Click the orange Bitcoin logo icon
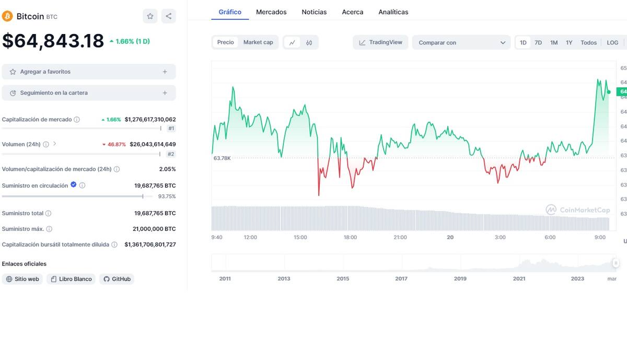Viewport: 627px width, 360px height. pyautogui.click(x=7, y=16)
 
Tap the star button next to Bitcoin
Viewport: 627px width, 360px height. pyautogui.click(x=150, y=16)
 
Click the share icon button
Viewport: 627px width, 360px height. pyautogui.click(x=168, y=16)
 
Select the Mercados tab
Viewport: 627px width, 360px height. pyautogui.click(x=271, y=11)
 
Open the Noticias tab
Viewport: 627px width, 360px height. pyautogui.click(x=314, y=11)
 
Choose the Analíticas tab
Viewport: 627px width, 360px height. pyautogui.click(x=393, y=11)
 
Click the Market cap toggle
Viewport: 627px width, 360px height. pyautogui.click(x=258, y=42)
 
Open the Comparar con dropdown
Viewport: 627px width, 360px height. pyautogui.click(x=461, y=42)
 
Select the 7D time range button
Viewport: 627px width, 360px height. pyautogui.click(x=538, y=43)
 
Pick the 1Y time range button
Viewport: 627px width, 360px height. pyautogui.click(x=569, y=43)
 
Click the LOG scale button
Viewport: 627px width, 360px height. pyautogui.click(x=612, y=43)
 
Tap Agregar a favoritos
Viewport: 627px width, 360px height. pyautogui.click(x=89, y=72)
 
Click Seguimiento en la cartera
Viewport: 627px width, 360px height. pyautogui.click(x=89, y=93)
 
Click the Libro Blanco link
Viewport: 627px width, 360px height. pyautogui.click(x=71, y=279)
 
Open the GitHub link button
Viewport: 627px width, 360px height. pyautogui.click(x=117, y=279)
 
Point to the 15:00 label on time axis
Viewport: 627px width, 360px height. pyautogui.click(x=300, y=237)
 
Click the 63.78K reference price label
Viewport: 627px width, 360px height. pyautogui.click(x=222, y=158)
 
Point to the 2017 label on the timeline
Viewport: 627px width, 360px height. pyautogui.click(x=401, y=278)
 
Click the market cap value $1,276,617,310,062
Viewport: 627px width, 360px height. pyautogui.click(x=150, y=120)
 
